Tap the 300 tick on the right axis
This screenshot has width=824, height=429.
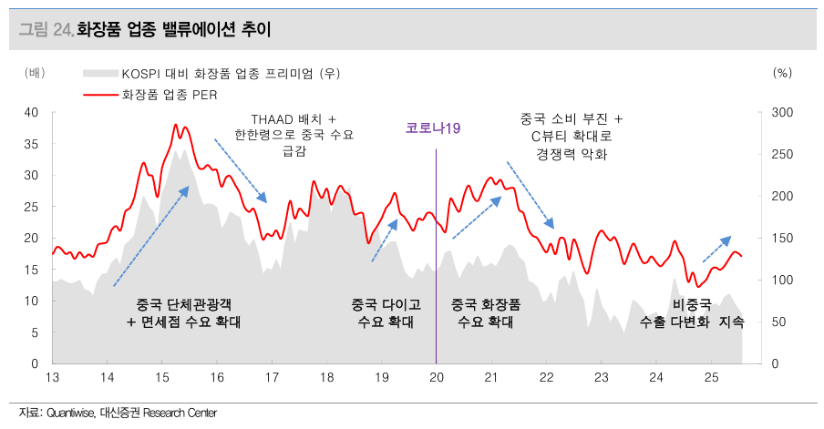tap(782, 112)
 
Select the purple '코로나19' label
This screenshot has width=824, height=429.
tap(433, 128)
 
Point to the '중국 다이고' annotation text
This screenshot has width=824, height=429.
tap(386, 304)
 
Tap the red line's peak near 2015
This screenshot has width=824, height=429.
tap(175, 125)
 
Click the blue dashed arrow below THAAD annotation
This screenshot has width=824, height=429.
tap(241, 170)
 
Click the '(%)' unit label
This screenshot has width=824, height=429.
tap(782, 72)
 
